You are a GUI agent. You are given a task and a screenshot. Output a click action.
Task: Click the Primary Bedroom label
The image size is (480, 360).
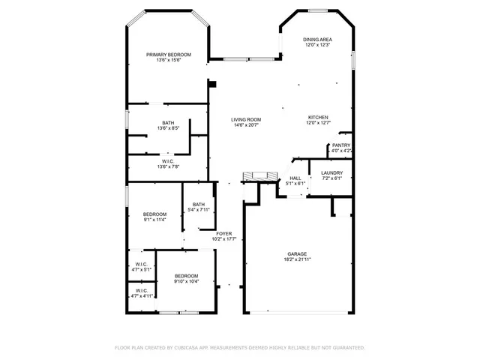(168, 55)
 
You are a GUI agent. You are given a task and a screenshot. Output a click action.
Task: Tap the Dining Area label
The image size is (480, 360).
(317, 39)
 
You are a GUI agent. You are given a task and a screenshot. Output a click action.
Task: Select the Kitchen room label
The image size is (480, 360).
(318, 118)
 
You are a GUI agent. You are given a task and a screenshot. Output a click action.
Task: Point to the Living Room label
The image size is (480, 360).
(245, 120)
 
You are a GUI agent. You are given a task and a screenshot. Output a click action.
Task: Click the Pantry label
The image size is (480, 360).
(341, 145)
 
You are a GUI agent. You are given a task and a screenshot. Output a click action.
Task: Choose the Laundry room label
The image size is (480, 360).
(331, 173)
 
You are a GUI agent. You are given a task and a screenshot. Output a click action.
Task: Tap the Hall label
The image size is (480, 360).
(295, 178)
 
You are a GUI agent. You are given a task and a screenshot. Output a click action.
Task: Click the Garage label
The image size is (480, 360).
(297, 253)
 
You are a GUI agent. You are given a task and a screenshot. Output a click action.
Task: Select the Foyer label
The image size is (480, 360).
(223, 234)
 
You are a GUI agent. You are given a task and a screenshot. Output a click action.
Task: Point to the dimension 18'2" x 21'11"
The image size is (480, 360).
(297, 259)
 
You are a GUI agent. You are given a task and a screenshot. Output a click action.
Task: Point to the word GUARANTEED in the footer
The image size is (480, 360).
(347, 348)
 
